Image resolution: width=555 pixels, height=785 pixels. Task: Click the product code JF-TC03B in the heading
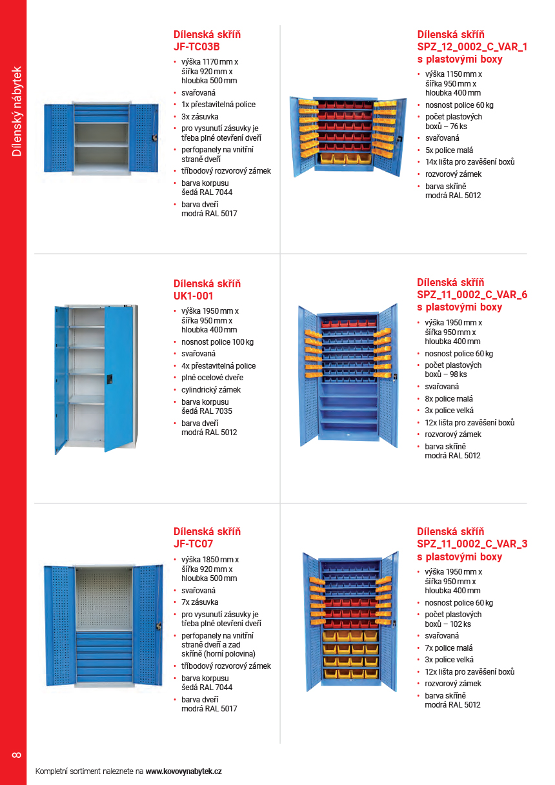click(197, 47)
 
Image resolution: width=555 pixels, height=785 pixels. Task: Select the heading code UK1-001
click(193, 296)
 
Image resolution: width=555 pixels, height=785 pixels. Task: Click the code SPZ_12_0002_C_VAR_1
click(472, 46)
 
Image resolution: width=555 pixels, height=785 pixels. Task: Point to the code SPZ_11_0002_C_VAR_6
click(472, 294)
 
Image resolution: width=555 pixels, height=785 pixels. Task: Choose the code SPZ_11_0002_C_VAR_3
click(472, 544)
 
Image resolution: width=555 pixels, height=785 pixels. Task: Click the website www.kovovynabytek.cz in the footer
click(184, 771)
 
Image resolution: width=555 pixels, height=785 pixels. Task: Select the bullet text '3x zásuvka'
click(200, 116)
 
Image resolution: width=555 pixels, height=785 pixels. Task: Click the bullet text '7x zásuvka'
click(200, 602)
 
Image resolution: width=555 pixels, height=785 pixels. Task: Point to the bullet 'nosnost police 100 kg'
click(217, 342)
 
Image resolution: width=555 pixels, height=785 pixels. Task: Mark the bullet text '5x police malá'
click(449, 150)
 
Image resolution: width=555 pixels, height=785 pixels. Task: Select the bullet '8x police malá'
click(449, 399)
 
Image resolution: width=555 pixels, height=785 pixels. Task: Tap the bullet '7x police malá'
click(449, 648)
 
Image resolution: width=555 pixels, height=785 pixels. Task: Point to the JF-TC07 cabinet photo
click(103, 625)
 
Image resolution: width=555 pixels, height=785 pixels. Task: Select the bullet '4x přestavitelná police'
click(218, 365)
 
